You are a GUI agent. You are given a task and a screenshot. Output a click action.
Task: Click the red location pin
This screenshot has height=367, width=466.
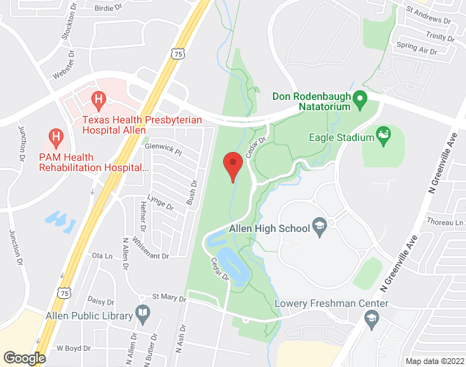[x=233, y=165]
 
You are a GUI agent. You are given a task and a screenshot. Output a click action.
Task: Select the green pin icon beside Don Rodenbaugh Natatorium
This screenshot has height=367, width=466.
[x=360, y=98]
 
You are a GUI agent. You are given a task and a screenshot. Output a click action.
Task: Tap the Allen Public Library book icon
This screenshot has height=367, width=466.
[x=142, y=316]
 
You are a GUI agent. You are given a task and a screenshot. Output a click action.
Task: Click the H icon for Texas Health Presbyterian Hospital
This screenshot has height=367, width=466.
[x=97, y=98]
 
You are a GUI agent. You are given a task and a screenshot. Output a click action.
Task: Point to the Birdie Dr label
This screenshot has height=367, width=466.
[x=109, y=9]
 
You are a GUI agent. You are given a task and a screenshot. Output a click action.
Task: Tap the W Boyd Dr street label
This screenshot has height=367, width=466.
[x=73, y=348]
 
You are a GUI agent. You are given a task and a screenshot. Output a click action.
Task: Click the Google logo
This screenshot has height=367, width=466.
[x=23, y=358]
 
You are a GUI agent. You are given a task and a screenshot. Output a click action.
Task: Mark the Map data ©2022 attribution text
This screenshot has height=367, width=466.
[x=434, y=361]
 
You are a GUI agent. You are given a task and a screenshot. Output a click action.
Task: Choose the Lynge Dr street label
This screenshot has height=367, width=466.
[x=159, y=203]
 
